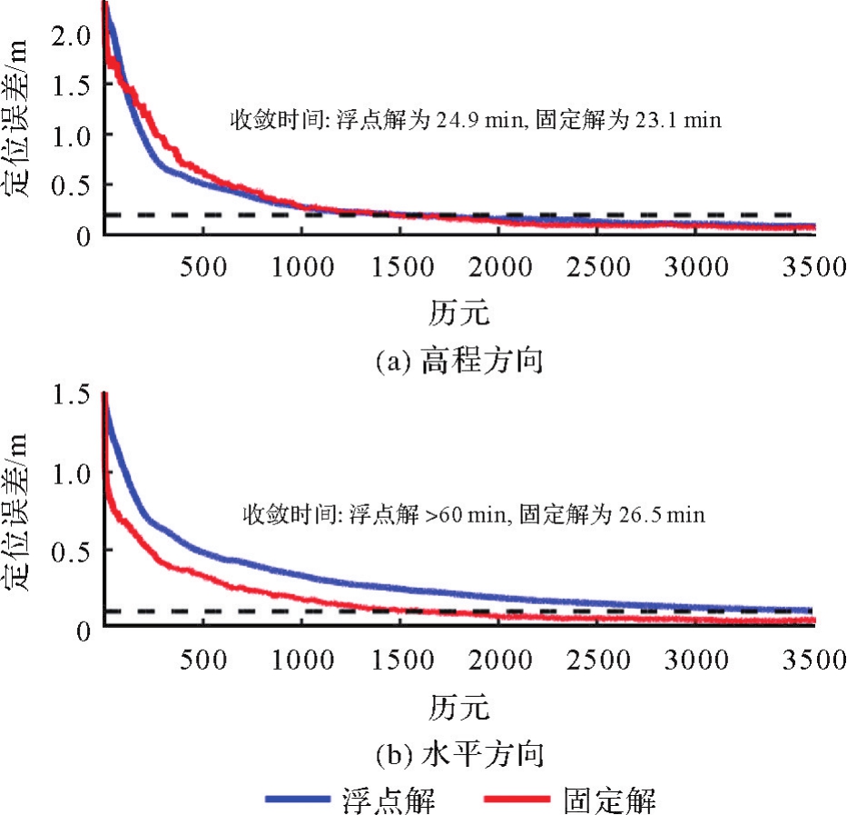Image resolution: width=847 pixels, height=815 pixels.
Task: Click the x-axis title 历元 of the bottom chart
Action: (459, 705)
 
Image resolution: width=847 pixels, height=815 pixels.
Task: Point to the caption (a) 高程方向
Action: (459, 363)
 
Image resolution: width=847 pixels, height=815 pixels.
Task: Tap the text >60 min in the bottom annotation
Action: (473, 515)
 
